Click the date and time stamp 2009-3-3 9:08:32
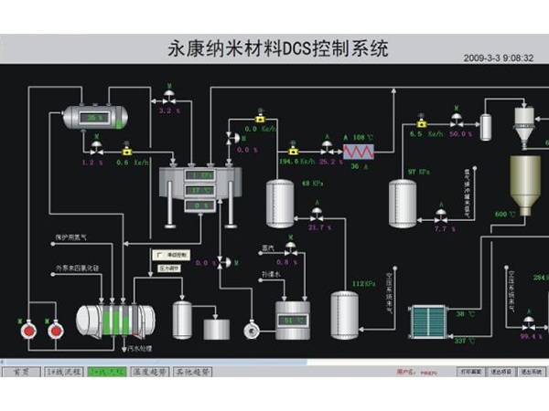(x=500, y=56)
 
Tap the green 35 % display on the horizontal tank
(x=95, y=118)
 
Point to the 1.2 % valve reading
(x=94, y=163)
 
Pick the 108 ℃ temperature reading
(x=363, y=136)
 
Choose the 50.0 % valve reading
(x=460, y=134)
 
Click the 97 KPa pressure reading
(x=419, y=171)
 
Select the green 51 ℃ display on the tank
(x=292, y=321)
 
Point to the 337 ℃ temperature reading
(x=465, y=341)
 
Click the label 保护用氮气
(x=73, y=237)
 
